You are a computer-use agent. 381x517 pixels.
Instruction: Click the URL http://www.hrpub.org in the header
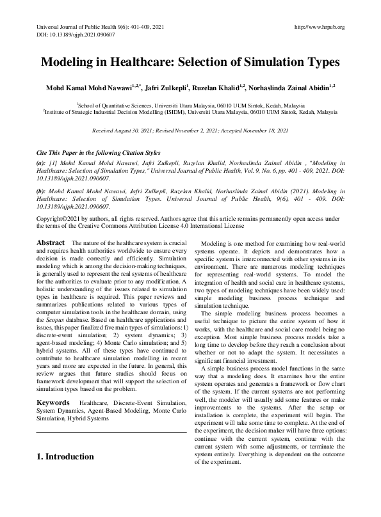[x=318, y=28]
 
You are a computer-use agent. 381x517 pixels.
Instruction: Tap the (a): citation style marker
[x=41, y=164]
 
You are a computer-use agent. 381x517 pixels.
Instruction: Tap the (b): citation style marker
[x=41, y=191]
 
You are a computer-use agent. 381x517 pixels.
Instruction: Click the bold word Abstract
[x=51, y=244]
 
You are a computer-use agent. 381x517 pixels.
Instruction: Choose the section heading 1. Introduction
[x=65, y=457]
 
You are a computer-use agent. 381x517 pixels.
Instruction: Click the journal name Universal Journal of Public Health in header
[x=69, y=28]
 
